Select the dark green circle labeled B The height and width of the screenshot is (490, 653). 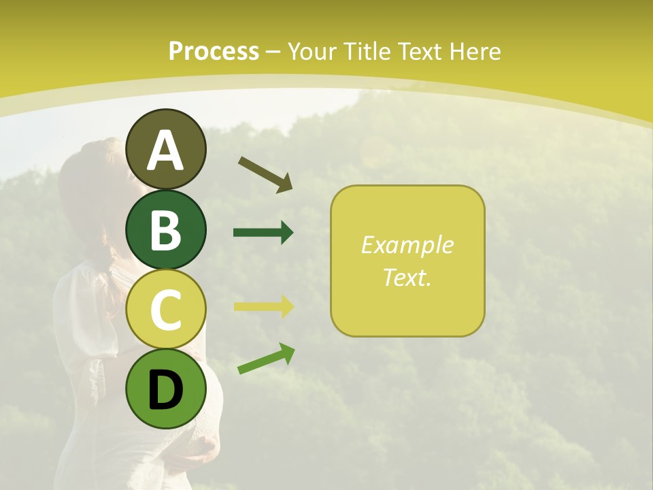165,229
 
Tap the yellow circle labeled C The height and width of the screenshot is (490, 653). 165,310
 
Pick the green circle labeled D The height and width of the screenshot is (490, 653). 165,389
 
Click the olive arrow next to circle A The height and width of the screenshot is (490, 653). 265,174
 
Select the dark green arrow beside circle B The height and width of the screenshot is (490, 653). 263,233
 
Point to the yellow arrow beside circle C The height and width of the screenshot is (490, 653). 263,306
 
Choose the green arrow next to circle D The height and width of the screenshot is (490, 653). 266,359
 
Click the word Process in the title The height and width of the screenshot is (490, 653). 214,51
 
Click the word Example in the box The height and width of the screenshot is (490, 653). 407,245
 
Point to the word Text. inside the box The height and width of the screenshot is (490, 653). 407,277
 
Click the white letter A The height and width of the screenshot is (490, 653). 165,150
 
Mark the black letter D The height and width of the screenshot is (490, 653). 165,390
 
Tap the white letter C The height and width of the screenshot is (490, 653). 165,310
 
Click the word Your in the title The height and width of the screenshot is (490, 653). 313,51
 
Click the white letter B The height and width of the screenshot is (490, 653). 165,230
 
